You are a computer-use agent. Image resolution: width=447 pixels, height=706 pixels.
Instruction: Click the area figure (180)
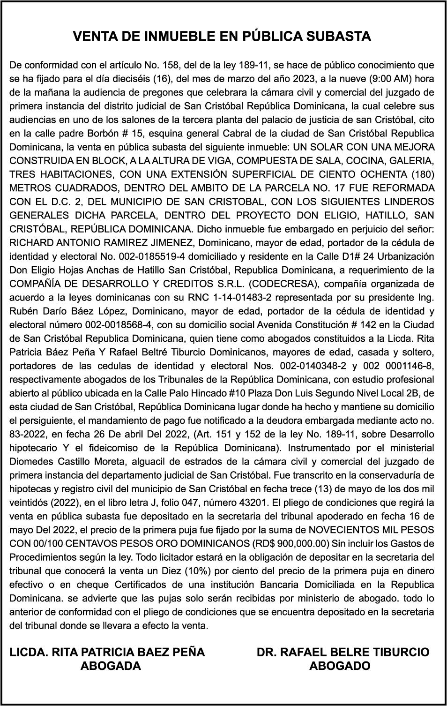(x=422, y=174)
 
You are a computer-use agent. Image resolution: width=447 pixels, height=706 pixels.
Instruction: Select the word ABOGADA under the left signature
(x=111, y=666)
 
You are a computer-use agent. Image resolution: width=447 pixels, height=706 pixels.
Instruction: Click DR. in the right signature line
(x=267, y=652)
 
